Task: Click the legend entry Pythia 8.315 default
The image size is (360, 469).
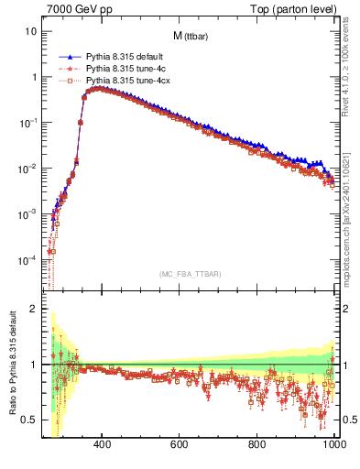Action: [x=115, y=57]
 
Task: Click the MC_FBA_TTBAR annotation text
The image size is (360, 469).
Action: [x=190, y=274]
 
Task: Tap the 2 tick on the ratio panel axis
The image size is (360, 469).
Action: [x=34, y=309]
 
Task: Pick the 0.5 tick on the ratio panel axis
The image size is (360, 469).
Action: [x=30, y=420]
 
